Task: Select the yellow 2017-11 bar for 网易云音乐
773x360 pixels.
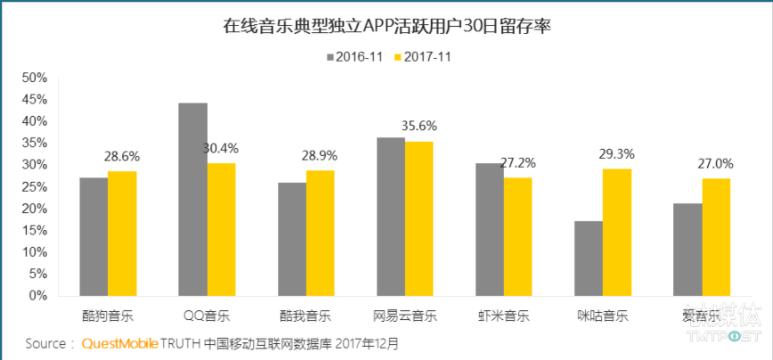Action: coord(419,218)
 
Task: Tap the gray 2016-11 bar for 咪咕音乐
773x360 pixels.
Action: coord(588,258)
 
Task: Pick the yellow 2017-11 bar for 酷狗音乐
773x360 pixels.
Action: coord(123,233)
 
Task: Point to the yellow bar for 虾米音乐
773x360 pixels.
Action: coord(518,236)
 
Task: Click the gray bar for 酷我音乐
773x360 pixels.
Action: coord(292,239)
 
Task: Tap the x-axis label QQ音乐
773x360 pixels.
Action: coord(207,315)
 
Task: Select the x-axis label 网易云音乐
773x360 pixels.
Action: coord(405,315)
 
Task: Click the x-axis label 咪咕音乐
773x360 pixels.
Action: coord(604,315)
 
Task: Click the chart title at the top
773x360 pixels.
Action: coord(386,26)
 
